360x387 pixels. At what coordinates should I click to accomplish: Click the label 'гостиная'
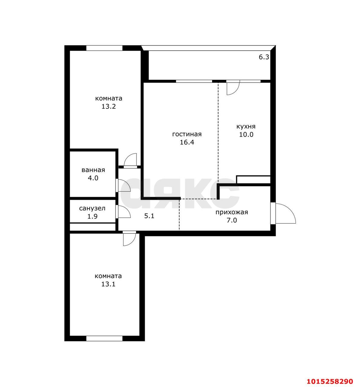tap(187, 135)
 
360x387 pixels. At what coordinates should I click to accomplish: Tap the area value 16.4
tap(187, 142)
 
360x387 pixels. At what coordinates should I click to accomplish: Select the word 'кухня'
tap(246, 127)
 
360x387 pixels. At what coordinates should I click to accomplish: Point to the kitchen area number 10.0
tap(246, 135)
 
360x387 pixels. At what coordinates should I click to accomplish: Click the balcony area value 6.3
tap(264, 57)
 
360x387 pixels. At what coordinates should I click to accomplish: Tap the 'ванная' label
tap(93, 170)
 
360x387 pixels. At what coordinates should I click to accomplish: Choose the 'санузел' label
tap(92, 209)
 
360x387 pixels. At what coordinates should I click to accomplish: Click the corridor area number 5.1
tap(149, 216)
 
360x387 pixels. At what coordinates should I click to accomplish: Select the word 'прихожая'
tap(232, 212)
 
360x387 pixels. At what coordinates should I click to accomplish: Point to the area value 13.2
tap(109, 106)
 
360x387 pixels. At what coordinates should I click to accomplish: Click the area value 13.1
tap(108, 284)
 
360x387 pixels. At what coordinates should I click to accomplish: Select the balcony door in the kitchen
tap(233, 87)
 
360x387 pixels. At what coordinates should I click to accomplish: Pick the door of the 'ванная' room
tap(123, 185)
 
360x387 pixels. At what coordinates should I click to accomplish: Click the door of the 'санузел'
tap(123, 211)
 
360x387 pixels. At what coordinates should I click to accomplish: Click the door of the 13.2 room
tap(130, 161)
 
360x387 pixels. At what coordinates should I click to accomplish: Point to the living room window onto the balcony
tap(194, 81)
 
